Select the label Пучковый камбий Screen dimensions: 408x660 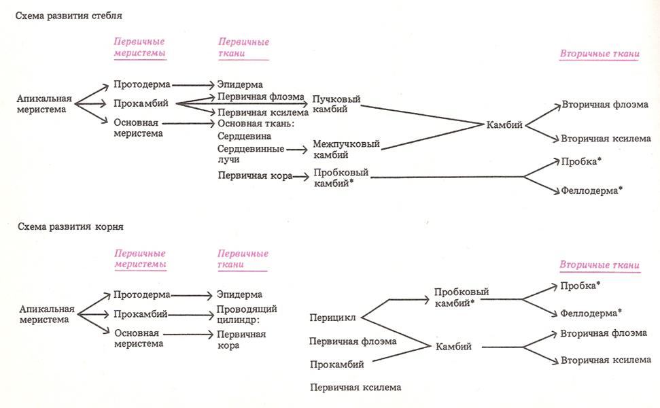pos(335,104)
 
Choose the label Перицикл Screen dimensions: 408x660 pos(332,317)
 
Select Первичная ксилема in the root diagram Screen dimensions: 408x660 pos(355,388)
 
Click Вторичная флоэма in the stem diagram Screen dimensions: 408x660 pos(604,105)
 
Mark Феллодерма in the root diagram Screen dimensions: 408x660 pos(591,313)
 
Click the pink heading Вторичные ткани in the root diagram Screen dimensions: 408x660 pos(598,264)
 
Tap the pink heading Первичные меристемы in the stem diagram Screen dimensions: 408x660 pos(139,48)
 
